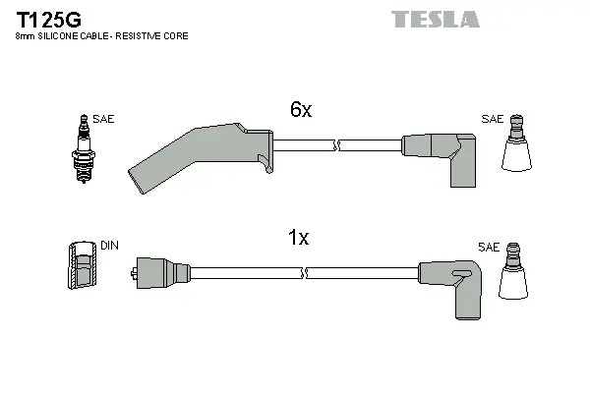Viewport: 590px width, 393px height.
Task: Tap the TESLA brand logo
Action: [x=435, y=19]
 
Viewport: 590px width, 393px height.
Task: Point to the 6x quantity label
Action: [x=300, y=111]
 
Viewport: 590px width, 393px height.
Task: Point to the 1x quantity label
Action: [x=298, y=238]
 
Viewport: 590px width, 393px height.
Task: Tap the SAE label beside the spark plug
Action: [x=104, y=119]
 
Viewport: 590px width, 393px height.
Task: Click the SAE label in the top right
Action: [x=492, y=119]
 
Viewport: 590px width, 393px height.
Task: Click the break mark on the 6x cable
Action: [x=338, y=145]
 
